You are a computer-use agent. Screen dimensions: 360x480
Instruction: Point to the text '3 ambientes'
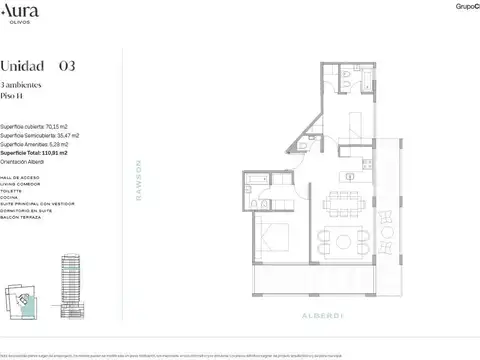24,87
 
